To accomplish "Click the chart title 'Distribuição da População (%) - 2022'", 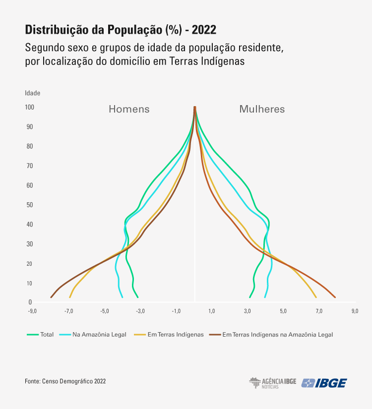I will point(121,30).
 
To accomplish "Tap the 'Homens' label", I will point(129,109).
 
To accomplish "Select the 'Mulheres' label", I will point(262,109).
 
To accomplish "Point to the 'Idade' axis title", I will point(33,93).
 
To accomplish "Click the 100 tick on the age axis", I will point(29,107).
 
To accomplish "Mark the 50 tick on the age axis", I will point(30,205).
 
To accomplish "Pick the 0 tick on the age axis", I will point(30,302).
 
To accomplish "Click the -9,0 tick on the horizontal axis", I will point(32,311).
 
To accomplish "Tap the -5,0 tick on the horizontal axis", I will point(105,311).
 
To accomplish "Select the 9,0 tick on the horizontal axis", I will point(355,311).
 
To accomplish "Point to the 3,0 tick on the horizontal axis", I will point(248,311).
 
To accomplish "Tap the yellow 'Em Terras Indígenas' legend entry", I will point(176,335).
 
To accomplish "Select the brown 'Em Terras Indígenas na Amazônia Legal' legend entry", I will point(277,335).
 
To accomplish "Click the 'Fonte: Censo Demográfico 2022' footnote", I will point(65,381).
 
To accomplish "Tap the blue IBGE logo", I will point(325,383).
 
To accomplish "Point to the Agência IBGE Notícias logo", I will point(272,383).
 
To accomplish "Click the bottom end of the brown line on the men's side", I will point(51,297).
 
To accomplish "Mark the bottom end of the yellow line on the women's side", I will point(316,297).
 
